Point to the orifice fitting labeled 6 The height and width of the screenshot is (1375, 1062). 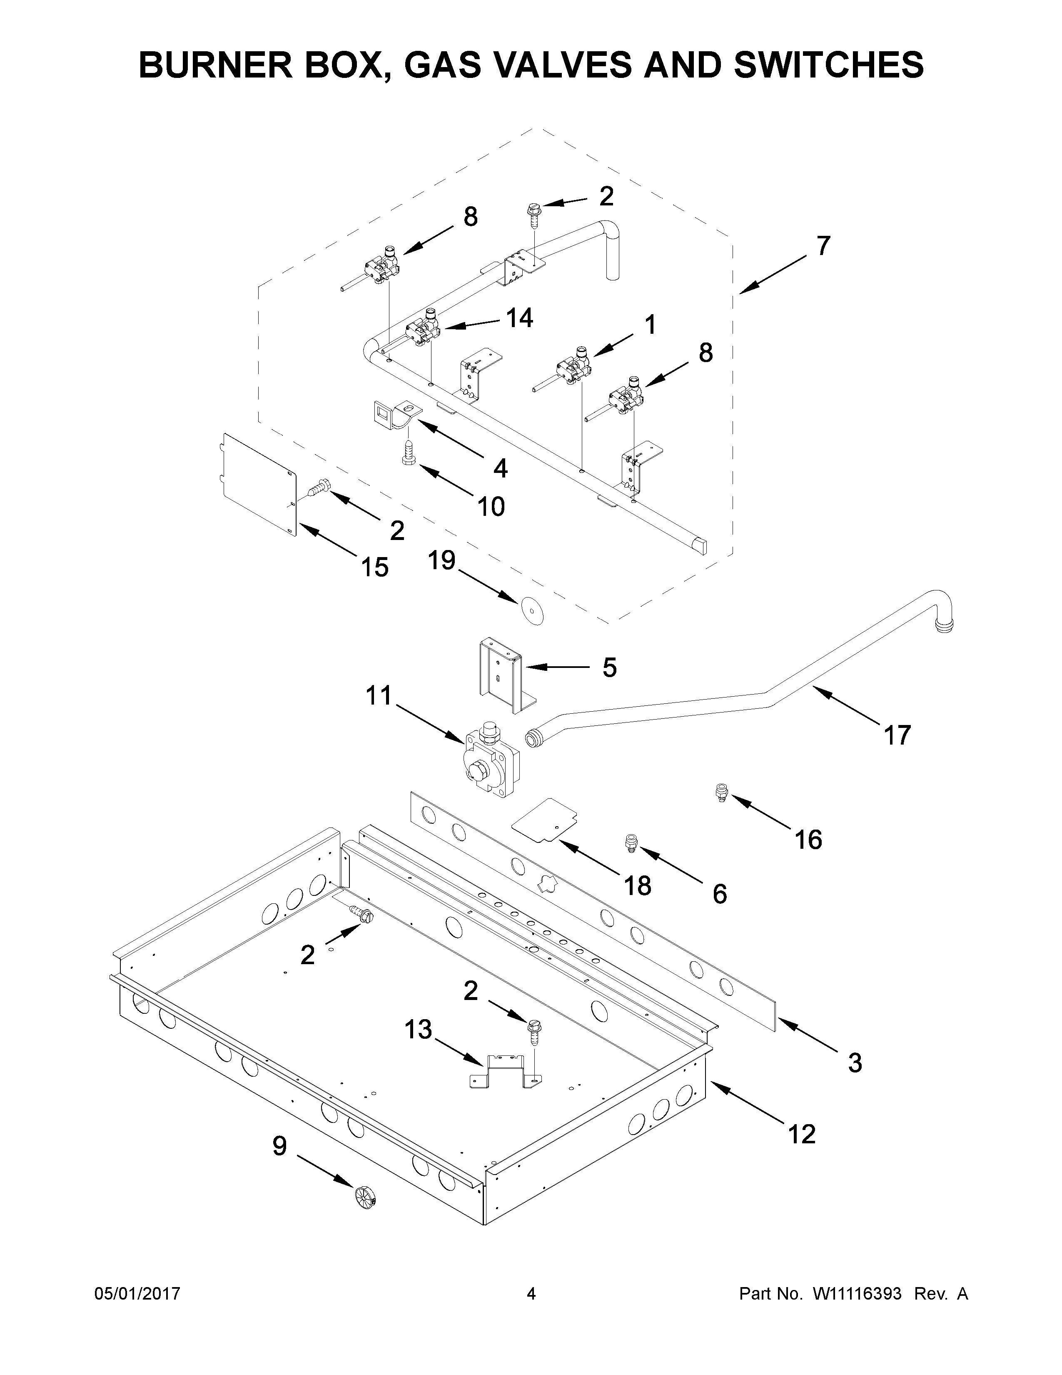pyautogui.click(x=631, y=842)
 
